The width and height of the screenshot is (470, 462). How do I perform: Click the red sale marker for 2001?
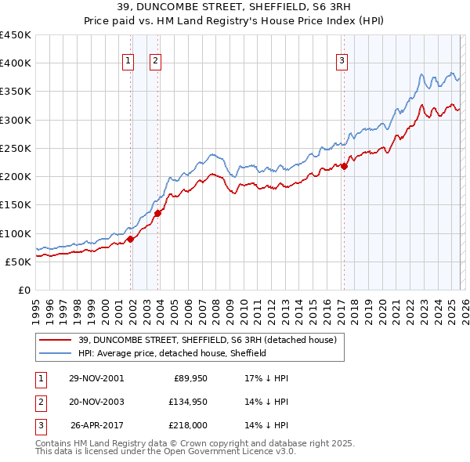tap(131, 239)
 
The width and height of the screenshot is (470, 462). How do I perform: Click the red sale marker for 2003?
tap(158, 213)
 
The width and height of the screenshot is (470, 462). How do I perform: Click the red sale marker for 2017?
tap(344, 166)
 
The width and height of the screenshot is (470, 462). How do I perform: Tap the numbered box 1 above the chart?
tap(128, 62)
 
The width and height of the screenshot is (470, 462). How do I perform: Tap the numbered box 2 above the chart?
tap(155, 62)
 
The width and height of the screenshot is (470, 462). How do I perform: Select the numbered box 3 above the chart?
tap(342, 62)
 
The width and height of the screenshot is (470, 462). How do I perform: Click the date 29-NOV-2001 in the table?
tap(96, 377)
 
